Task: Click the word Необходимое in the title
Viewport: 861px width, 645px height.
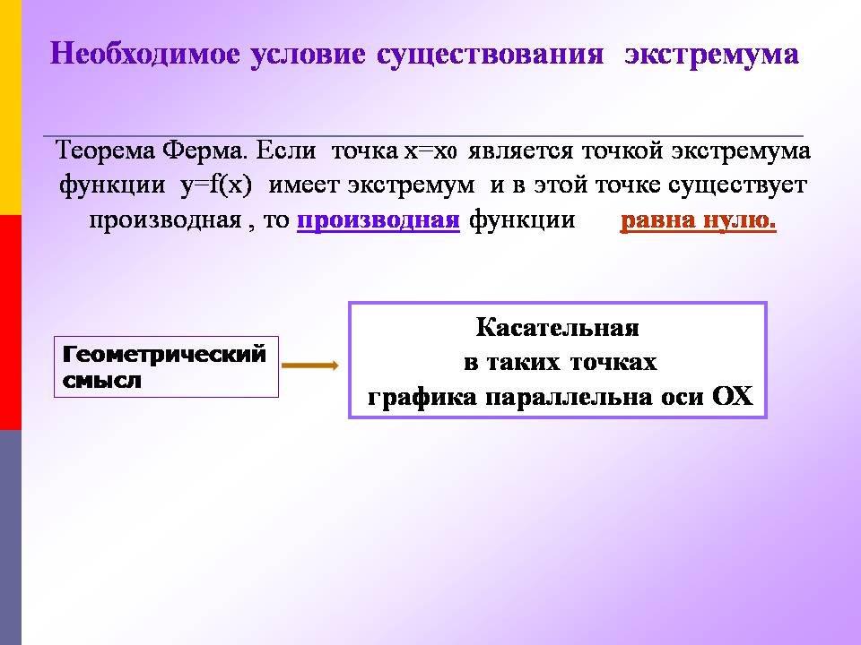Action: pos(145,55)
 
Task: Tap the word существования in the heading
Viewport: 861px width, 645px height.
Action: pos(490,55)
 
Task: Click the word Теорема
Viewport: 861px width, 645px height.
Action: pos(105,150)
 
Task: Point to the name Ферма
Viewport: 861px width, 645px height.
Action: pos(204,150)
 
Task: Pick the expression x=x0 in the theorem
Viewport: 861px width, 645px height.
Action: pos(430,150)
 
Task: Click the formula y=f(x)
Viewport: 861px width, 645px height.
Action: pos(216,185)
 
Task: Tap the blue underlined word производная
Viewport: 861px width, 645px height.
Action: pos(378,220)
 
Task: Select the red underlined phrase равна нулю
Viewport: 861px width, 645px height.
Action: pos(698,220)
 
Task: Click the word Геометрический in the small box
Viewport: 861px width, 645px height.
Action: pos(164,354)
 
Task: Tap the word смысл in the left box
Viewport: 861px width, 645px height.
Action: pos(101,380)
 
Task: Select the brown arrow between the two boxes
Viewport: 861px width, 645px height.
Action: pos(310,365)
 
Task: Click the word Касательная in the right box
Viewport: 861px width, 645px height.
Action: pos(557,328)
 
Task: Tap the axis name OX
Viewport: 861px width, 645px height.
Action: pos(733,396)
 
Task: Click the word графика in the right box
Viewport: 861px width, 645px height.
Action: pos(422,397)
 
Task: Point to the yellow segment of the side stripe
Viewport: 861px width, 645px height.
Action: pos(11,107)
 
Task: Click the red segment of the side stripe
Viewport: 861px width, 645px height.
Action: pos(11,322)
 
